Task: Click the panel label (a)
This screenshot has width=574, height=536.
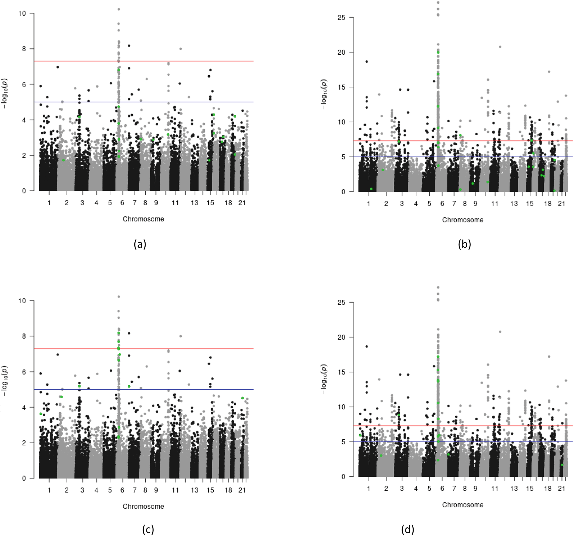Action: point(140,244)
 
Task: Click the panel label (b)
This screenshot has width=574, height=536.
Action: point(464,244)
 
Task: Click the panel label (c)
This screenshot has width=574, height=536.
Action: point(148,529)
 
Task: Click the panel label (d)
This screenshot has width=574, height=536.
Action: point(407,529)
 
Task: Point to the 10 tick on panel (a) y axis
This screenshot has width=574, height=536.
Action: point(22,13)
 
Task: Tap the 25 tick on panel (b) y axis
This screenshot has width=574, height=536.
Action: point(341,18)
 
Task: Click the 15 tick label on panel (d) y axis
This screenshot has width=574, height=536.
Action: point(341,372)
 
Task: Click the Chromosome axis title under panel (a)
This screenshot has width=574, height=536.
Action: point(143,219)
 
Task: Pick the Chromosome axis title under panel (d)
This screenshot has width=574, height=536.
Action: point(463,505)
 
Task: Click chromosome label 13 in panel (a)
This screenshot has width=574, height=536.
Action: point(194,203)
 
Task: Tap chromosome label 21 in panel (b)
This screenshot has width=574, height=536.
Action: point(561,204)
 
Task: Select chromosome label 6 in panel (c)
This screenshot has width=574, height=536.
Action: point(122,490)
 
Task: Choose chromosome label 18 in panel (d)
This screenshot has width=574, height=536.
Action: point(548,489)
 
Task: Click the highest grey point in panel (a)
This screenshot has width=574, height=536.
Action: point(118,9)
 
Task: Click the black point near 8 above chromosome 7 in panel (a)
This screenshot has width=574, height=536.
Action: point(129,46)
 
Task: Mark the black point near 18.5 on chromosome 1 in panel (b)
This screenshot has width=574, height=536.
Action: point(367,62)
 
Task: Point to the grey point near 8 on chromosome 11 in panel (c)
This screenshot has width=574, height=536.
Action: point(180,336)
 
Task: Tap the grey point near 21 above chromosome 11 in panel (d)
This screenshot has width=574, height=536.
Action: point(500,332)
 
